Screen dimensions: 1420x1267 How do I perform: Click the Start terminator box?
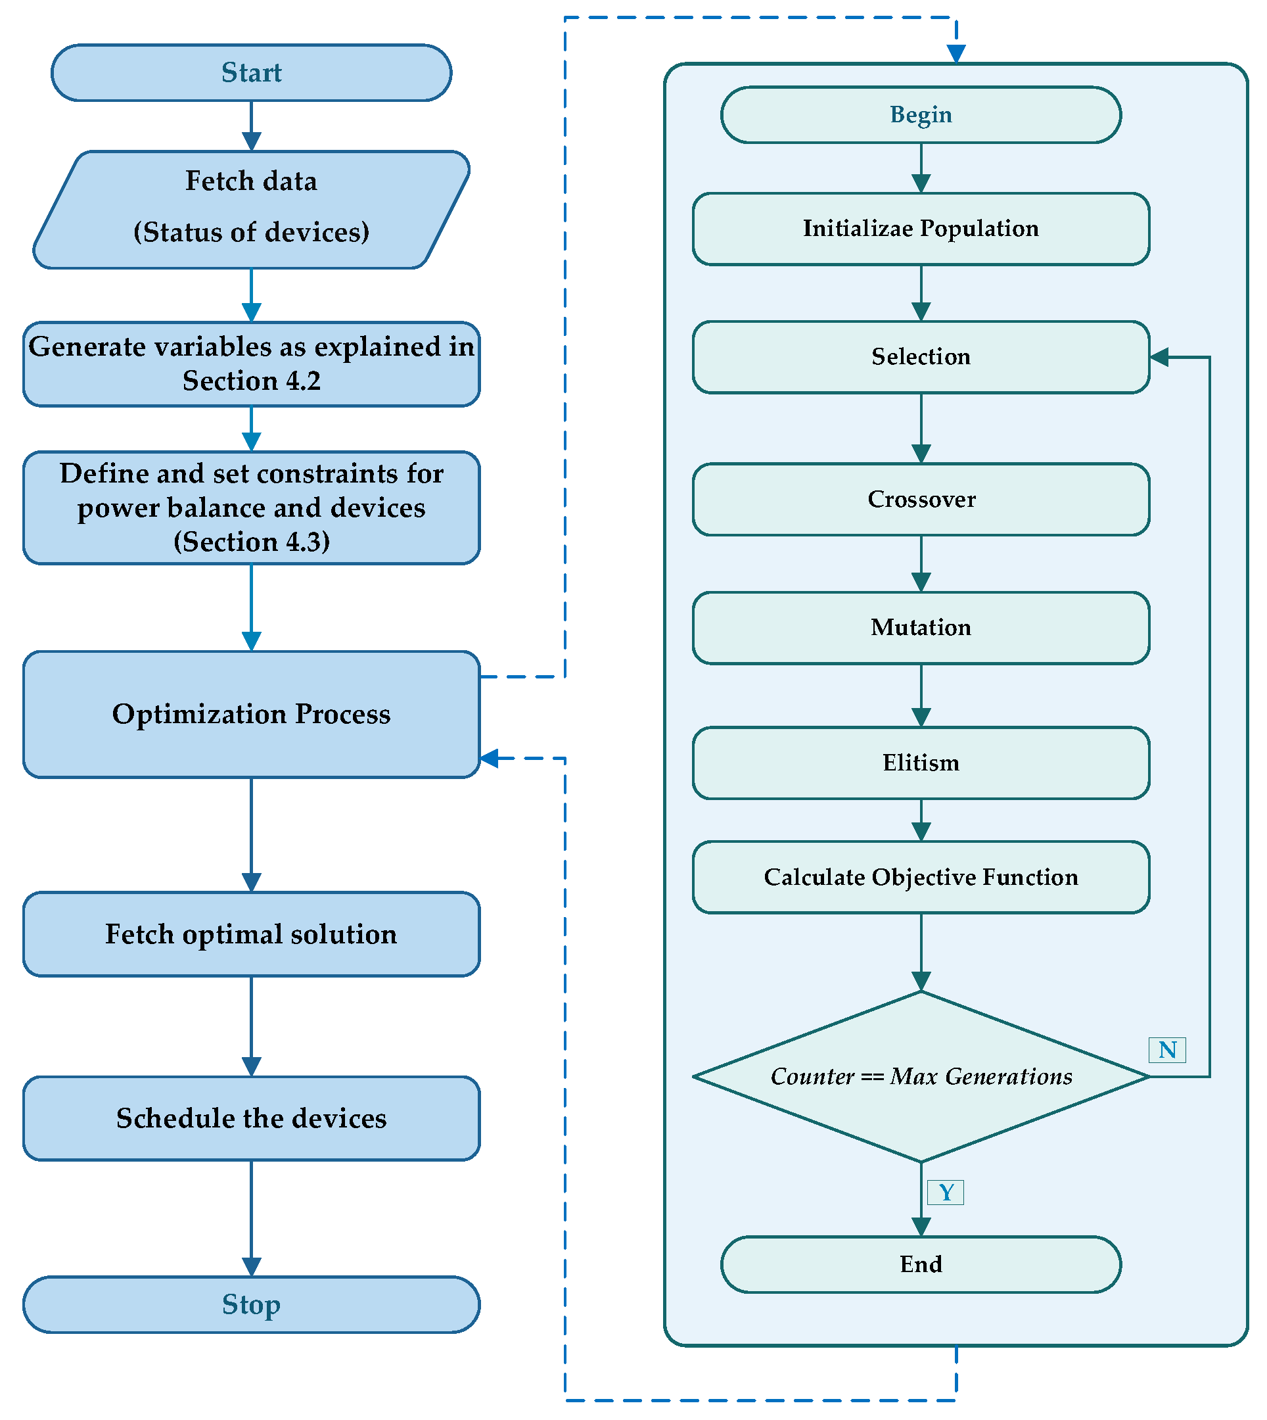coord(251,72)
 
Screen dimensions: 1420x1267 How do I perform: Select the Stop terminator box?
coord(251,1304)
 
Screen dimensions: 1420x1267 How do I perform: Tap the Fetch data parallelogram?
coord(251,209)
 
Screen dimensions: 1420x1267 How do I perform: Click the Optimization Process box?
coord(251,714)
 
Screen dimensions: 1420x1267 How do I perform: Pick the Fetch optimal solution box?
coord(251,934)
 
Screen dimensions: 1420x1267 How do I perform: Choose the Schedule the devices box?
coord(251,1118)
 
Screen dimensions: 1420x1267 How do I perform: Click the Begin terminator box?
coord(920,115)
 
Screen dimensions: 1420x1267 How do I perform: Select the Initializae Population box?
coord(920,228)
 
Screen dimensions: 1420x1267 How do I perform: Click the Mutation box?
coord(920,627)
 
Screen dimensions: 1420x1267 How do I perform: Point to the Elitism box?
coord(920,763)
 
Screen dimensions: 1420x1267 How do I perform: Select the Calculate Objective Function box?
coord(920,877)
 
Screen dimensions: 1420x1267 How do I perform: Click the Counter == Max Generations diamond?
coord(920,1077)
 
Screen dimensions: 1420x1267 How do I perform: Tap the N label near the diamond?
coord(1166,1049)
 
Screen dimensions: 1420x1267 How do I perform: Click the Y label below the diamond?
coord(946,1193)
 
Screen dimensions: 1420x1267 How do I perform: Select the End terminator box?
coord(920,1264)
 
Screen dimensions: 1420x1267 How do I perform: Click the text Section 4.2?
coord(251,381)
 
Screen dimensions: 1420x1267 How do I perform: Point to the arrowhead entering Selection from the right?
coord(1159,357)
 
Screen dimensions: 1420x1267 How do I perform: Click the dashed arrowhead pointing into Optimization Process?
coord(490,759)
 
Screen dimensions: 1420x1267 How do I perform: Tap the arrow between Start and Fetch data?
coord(251,126)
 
